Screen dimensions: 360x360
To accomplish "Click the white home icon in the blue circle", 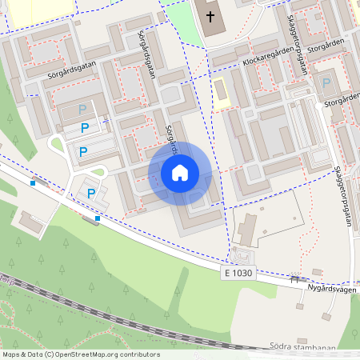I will coord(180,173).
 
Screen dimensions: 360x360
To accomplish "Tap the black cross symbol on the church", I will coord(211,16).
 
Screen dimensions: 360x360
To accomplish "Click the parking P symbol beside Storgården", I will coord(326,82).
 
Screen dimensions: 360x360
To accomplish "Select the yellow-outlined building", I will coord(220,90).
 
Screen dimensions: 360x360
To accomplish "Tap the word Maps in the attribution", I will coord(11,354).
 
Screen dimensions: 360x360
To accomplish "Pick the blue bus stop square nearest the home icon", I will coord(98,218).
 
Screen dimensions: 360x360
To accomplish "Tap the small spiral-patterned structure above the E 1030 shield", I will coord(238,256).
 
